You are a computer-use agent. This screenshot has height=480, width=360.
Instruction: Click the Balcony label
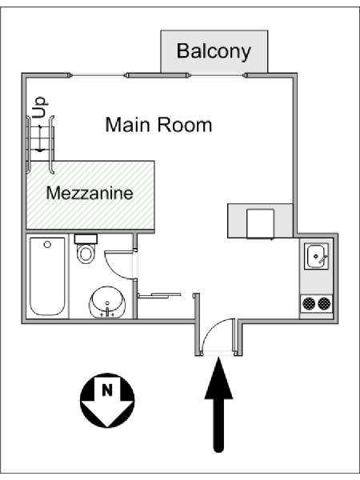click(214, 52)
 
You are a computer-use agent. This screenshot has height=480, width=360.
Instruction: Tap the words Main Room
click(158, 125)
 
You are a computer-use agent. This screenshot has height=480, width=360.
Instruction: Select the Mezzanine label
click(90, 193)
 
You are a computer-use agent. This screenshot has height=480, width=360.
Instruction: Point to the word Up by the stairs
click(39, 107)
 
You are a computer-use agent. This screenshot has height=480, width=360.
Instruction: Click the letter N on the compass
click(107, 390)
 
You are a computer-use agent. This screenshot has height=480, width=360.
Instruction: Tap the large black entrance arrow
click(218, 404)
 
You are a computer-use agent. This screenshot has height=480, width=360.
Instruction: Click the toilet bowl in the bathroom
click(86, 253)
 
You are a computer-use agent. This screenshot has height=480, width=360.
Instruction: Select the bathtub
click(47, 277)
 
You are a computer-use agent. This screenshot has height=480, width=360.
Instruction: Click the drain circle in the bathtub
click(47, 245)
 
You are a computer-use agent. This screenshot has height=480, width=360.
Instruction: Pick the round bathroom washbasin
click(107, 302)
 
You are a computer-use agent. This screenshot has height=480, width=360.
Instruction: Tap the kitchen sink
click(316, 256)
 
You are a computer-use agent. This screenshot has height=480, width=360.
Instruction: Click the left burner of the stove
click(309, 304)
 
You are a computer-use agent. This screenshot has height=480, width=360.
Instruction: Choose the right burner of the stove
click(324, 304)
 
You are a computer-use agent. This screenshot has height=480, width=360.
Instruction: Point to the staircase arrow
click(40, 138)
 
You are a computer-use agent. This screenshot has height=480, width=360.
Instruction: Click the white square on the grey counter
click(260, 223)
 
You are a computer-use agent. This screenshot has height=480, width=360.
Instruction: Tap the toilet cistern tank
click(86, 239)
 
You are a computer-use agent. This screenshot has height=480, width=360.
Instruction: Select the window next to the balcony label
click(217, 75)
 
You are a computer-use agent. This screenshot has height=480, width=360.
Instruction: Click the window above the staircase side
click(98, 75)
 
